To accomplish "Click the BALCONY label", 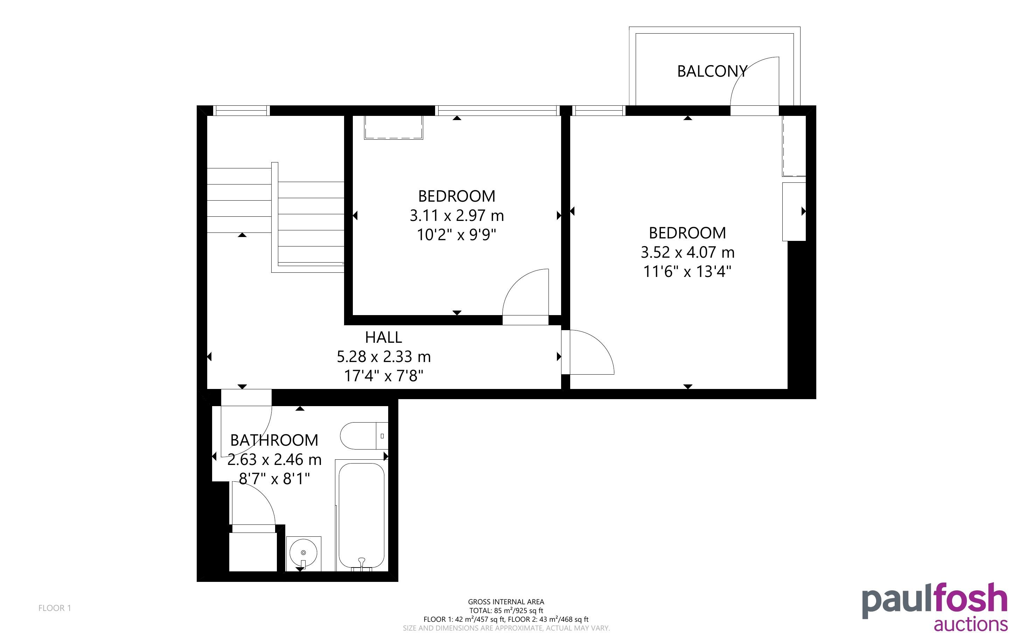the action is point(712,71).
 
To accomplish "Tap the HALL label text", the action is point(383,337).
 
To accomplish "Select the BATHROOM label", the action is point(274,440).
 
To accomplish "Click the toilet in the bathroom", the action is point(364,436).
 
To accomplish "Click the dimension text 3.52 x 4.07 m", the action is point(687,252).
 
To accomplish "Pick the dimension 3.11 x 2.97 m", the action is point(456,216).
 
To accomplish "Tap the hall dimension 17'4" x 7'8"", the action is point(383,376).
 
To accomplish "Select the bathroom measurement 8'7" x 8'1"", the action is point(274,479).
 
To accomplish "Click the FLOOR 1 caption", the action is point(55,608).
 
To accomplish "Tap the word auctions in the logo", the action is point(971,624).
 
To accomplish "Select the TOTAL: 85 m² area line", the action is point(506,610).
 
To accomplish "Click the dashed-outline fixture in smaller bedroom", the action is point(393,127).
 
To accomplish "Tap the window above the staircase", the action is point(242,111).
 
